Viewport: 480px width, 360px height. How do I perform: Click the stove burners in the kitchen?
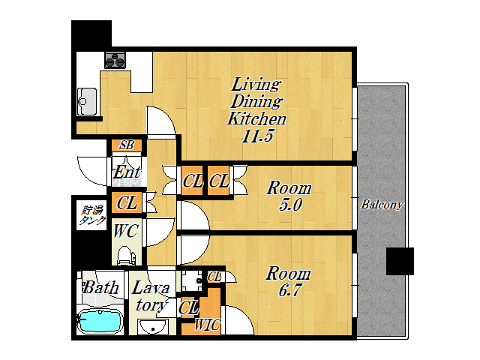pyautogui.click(x=115, y=60)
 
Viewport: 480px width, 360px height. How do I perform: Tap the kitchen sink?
pyautogui.click(x=87, y=102)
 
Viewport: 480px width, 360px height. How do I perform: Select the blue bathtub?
pyautogui.click(x=100, y=321)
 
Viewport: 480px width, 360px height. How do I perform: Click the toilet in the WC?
pyautogui.click(x=126, y=255)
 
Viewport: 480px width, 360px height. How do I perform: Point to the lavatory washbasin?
pyautogui.click(x=152, y=326)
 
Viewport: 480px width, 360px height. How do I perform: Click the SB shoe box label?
pyautogui.click(x=127, y=145)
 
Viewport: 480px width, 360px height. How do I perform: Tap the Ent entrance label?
pyautogui.click(x=127, y=172)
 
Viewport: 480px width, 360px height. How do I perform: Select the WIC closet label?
pyautogui.click(x=207, y=325)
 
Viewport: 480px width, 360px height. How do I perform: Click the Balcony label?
pyautogui.click(x=382, y=205)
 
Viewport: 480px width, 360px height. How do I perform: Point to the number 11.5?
pyautogui.click(x=257, y=136)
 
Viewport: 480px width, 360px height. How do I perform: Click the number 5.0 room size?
pyautogui.click(x=290, y=205)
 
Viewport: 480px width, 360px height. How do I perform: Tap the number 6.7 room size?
pyautogui.click(x=290, y=290)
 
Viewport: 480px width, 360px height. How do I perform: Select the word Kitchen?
pyautogui.click(x=256, y=118)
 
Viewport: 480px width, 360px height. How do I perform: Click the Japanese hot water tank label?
pyautogui.click(x=92, y=215)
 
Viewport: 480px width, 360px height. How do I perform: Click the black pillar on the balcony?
pyautogui.click(x=400, y=261)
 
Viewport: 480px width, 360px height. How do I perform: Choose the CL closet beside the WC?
pyautogui.click(x=127, y=202)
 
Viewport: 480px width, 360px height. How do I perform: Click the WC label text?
pyautogui.click(x=125, y=231)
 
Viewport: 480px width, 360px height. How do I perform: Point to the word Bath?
pyautogui.click(x=100, y=288)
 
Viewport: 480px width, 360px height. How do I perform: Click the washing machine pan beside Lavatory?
pyautogui.click(x=192, y=280)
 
